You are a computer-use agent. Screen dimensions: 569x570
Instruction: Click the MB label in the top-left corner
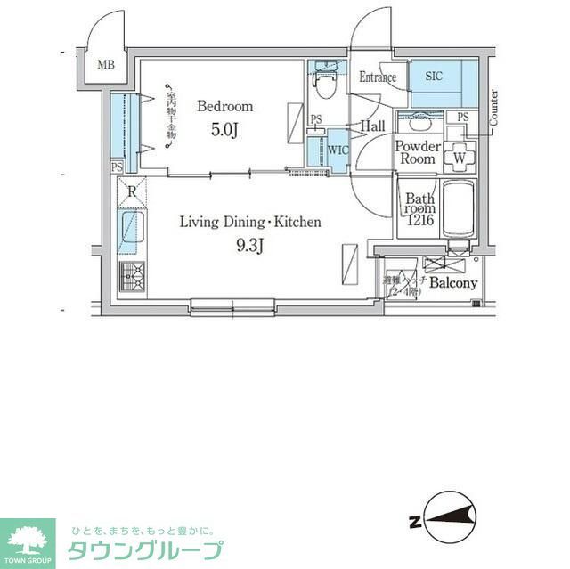[x=106, y=64]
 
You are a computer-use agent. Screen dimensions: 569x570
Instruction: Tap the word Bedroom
[x=224, y=106]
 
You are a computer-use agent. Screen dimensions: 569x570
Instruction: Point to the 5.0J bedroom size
[x=224, y=130]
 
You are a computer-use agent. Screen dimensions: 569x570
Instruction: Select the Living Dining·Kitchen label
[x=249, y=222]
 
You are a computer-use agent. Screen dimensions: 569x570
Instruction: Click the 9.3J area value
[x=249, y=247]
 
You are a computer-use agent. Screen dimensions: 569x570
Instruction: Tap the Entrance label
[x=378, y=77]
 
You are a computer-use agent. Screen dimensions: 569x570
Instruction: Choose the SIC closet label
[x=435, y=77]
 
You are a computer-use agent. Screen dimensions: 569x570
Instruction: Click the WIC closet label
[x=338, y=149]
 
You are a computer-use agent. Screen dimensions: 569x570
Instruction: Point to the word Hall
[x=373, y=127]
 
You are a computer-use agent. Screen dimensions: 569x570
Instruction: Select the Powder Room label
[x=417, y=152]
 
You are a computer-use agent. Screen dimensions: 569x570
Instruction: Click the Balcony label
[x=453, y=283]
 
